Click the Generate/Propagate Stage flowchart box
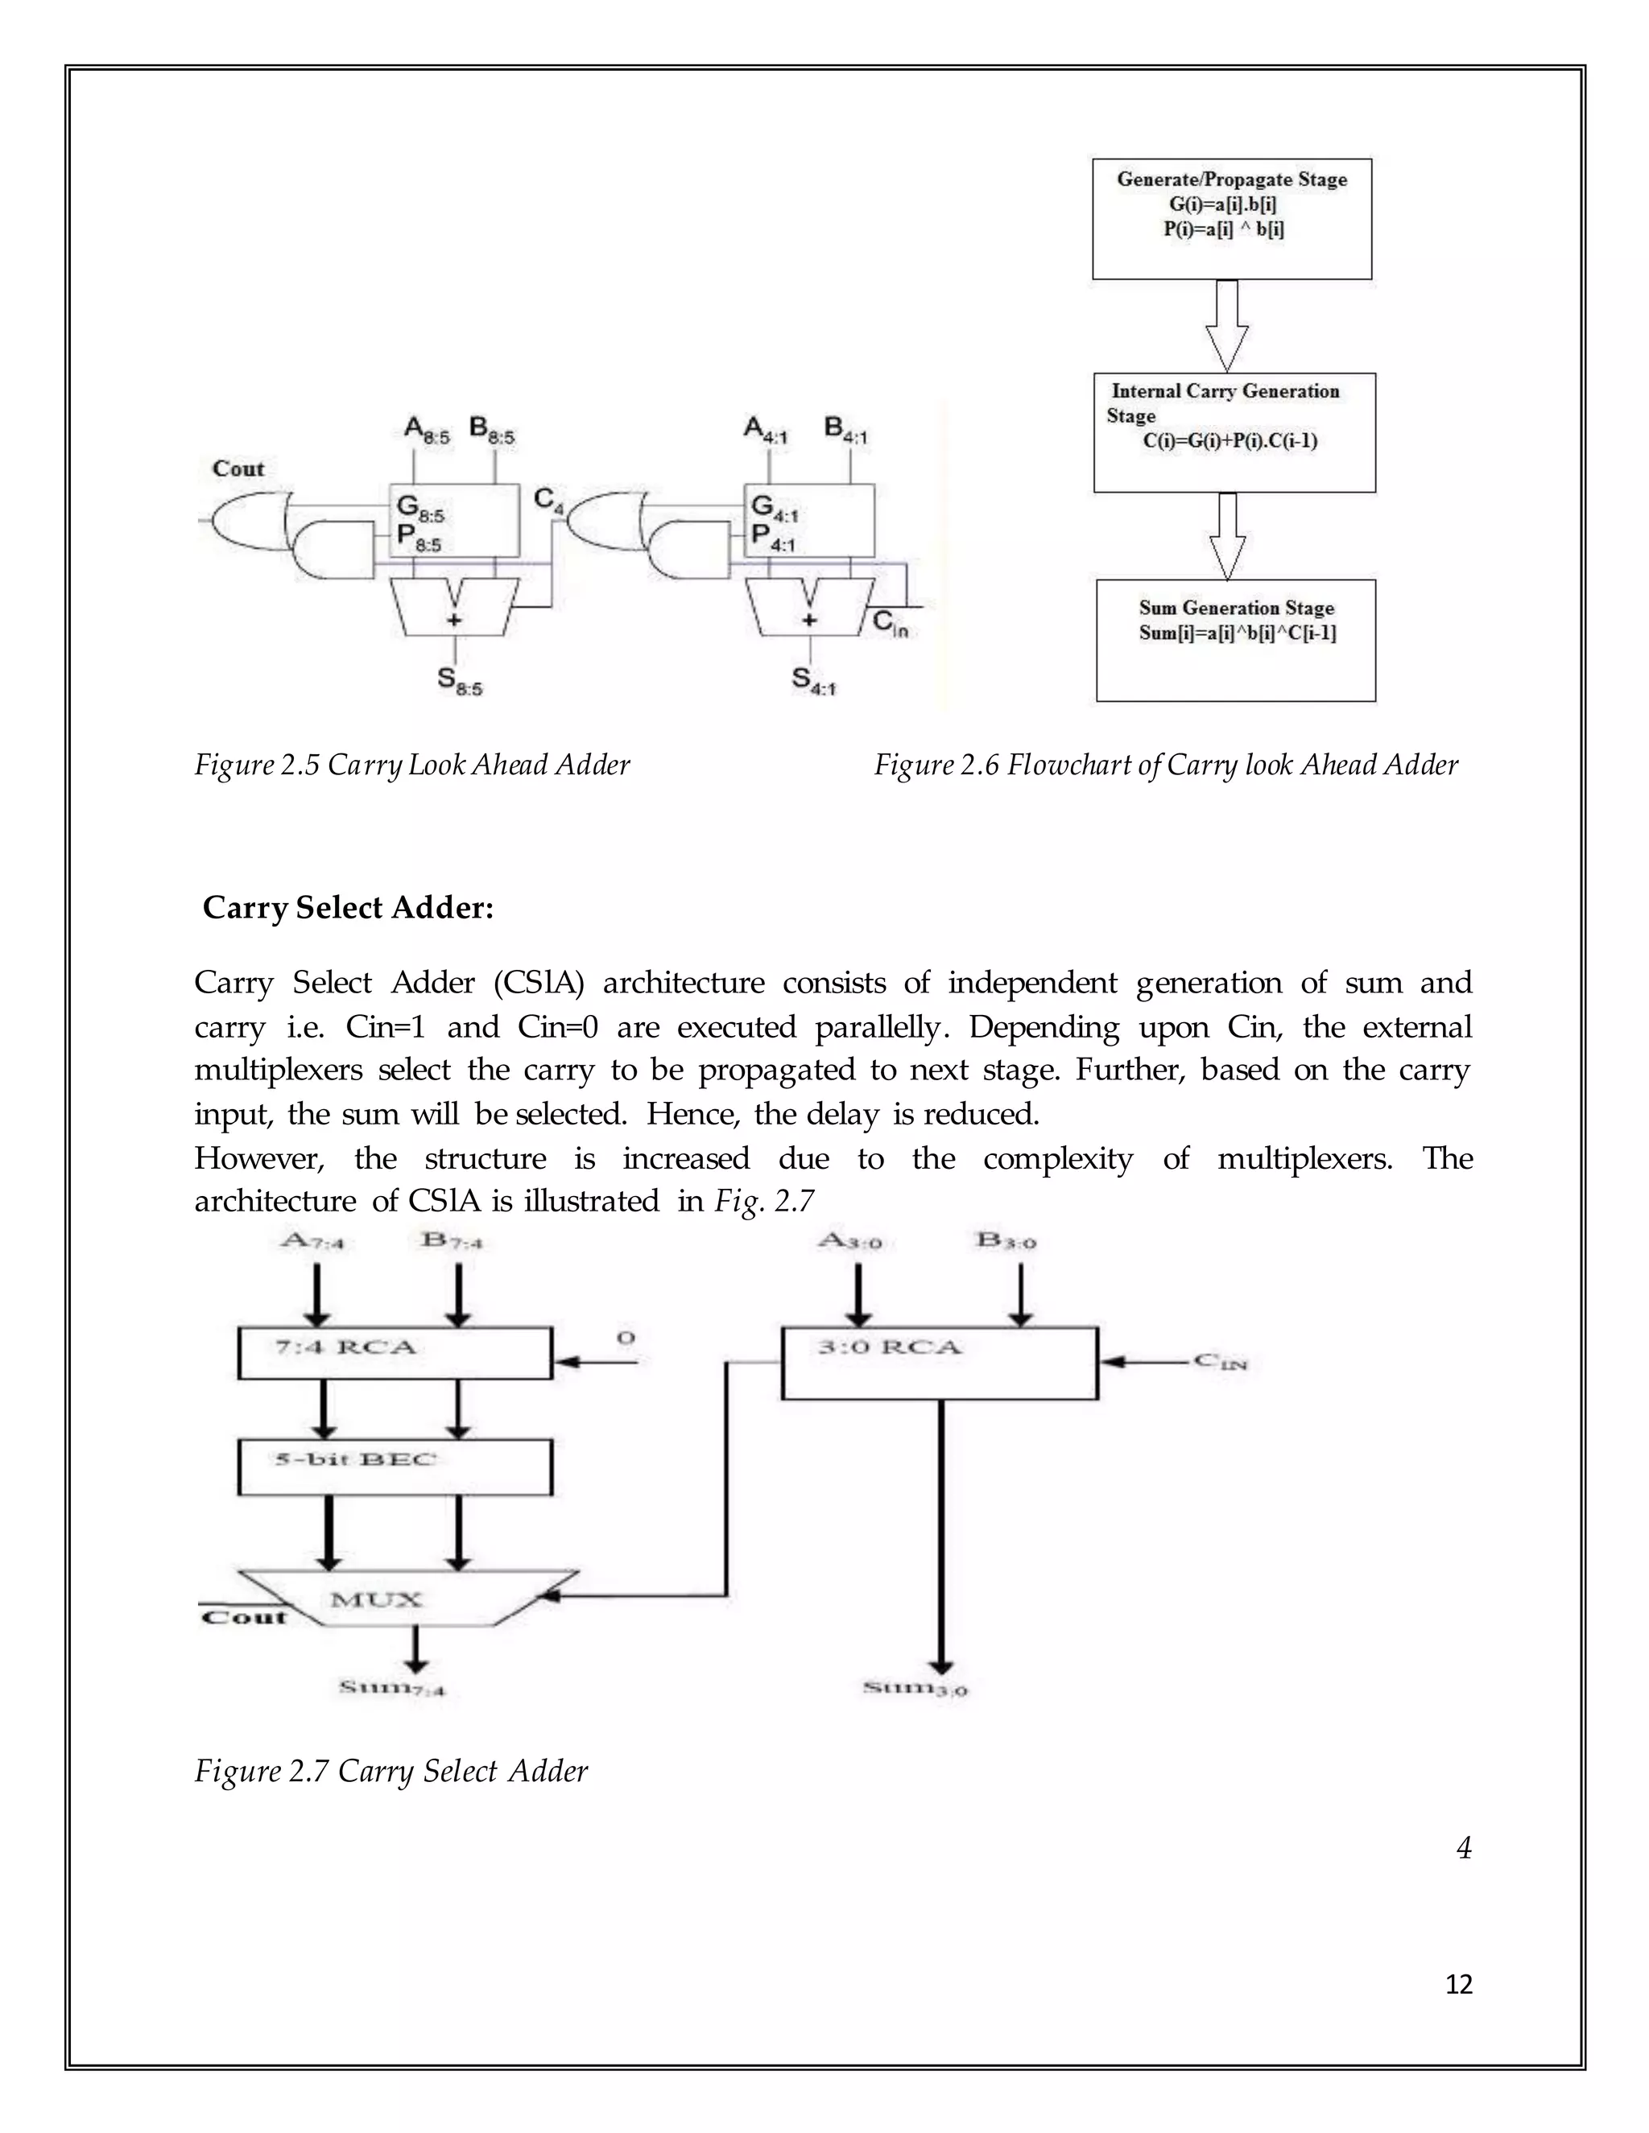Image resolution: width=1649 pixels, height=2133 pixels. point(1231,219)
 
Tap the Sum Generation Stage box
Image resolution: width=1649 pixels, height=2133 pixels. point(1235,640)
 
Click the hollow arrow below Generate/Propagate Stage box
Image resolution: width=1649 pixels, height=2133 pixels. point(1227,325)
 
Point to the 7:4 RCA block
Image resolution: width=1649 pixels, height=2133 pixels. point(395,1353)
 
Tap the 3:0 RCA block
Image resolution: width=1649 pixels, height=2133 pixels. point(939,1363)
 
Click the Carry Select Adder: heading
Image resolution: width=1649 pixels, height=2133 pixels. point(348,907)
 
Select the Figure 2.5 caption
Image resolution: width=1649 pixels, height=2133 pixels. point(411,765)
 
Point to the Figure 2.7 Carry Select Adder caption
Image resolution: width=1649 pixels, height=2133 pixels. point(391,1771)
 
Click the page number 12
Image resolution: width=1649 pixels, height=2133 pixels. point(1457,1985)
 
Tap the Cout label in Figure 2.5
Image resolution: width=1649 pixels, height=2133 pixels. point(238,468)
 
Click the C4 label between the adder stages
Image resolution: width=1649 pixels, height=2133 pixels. point(548,500)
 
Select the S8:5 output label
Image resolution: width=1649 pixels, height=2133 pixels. point(459,682)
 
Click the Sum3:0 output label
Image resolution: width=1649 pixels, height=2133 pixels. point(915,1688)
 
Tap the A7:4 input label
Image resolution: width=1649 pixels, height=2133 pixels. point(311,1241)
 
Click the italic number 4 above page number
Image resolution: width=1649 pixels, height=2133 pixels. point(1462,1848)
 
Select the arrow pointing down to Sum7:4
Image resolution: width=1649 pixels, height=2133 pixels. point(416,1652)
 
